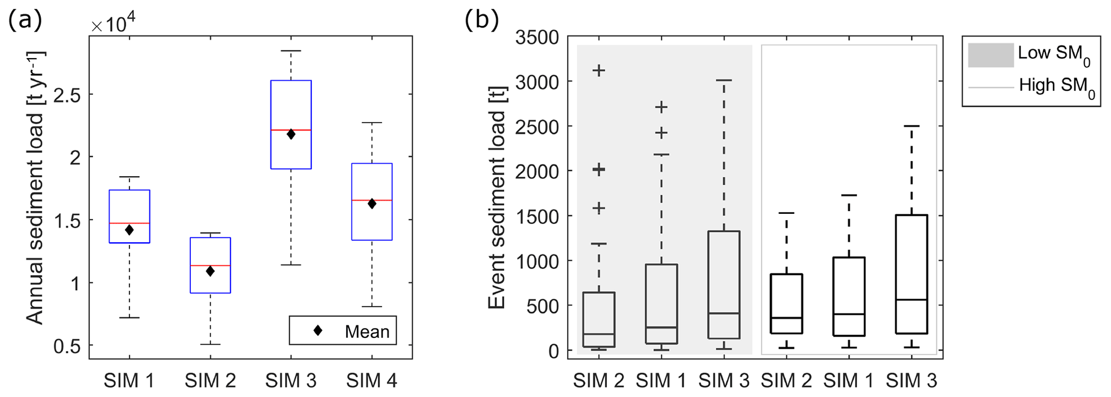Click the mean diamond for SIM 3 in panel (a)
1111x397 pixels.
click(x=291, y=134)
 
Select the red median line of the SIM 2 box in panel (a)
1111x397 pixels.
click(x=210, y=265)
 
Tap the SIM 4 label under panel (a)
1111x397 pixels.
click(x=371, y=381)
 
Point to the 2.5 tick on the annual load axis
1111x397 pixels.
click(x=67, y=95)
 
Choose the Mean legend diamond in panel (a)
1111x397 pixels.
click(x=318, y=330)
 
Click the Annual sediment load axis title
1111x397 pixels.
click(x=35, y=188)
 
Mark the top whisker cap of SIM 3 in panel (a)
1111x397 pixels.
click(x=291, y=51)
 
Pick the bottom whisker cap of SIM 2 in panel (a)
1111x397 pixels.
click(x=210, y=344)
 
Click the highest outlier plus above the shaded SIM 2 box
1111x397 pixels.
click(x=599, y=70)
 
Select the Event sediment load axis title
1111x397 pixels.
click(x=497, y=197)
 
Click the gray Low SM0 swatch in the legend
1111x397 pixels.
click(x=991, y=55)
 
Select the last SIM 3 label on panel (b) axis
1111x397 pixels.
click(x=912, y=381)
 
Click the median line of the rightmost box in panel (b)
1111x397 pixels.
click(x=912, y=299)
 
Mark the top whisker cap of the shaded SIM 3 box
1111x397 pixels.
click(x=724, y=80)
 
